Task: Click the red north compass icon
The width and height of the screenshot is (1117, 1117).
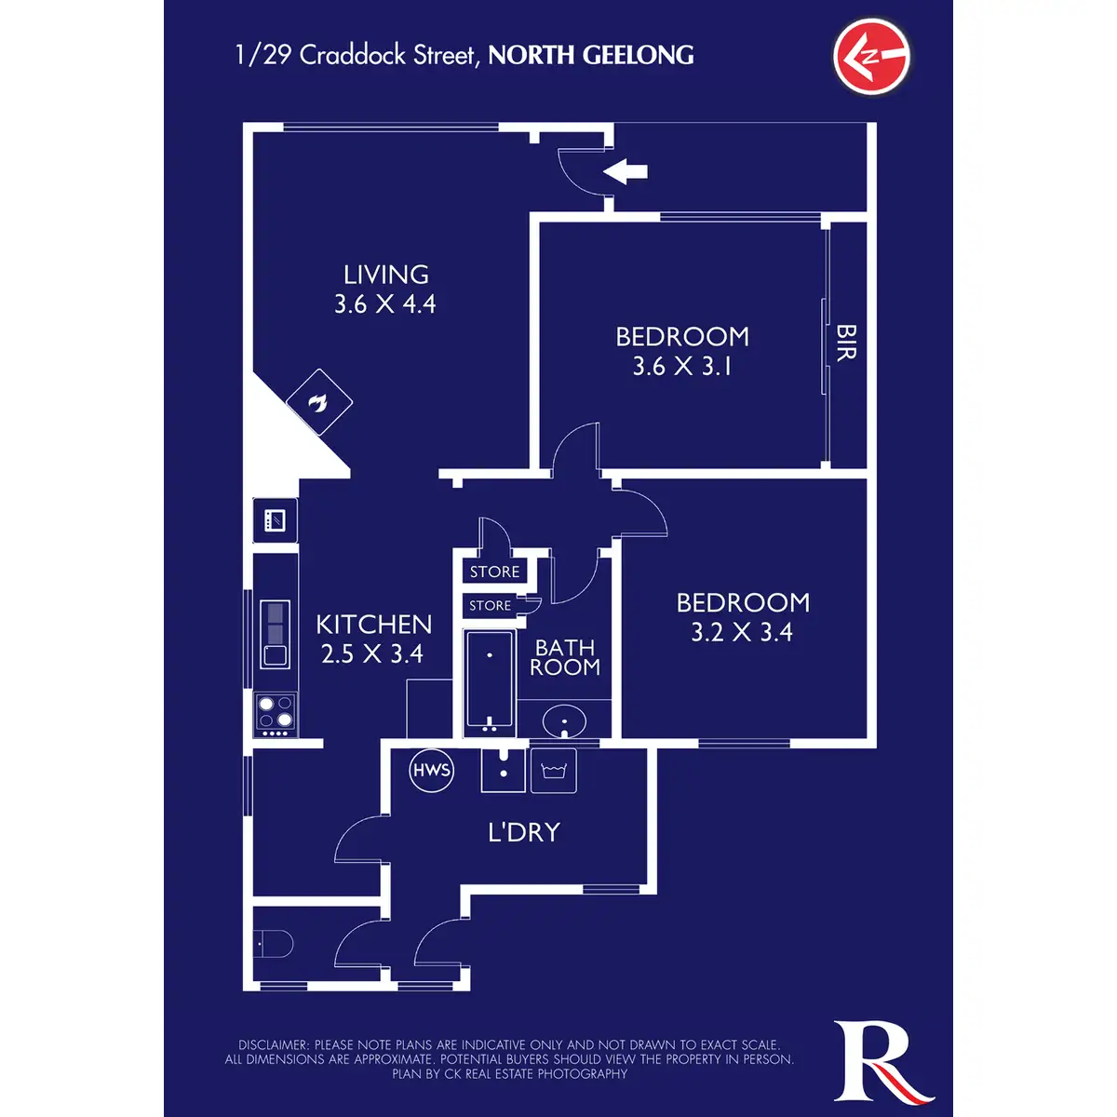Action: click(870, 57)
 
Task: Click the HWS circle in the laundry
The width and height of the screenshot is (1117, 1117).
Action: click(431, 771)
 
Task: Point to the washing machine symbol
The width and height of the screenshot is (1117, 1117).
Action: click(553, 772)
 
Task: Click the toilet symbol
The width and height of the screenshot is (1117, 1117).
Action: click(275, 944)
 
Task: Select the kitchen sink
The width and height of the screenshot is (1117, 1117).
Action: click(275, 633)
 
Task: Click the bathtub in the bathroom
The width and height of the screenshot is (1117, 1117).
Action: click(490, 680)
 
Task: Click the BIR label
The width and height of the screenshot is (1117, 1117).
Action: click(845, 343)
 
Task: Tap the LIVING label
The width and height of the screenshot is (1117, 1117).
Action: click(386, 275)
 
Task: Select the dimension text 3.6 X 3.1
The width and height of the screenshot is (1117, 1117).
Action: click(682, 367)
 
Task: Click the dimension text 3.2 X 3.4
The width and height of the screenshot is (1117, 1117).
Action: click(742, 633)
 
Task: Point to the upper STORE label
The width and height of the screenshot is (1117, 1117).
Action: click(494, 572)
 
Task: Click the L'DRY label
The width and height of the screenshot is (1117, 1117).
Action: click(524, 832)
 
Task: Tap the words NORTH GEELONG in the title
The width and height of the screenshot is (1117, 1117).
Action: click(591, 55)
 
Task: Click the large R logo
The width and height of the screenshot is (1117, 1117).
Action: click(880, 1061)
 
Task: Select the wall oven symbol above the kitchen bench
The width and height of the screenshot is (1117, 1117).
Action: click(276, 519)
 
